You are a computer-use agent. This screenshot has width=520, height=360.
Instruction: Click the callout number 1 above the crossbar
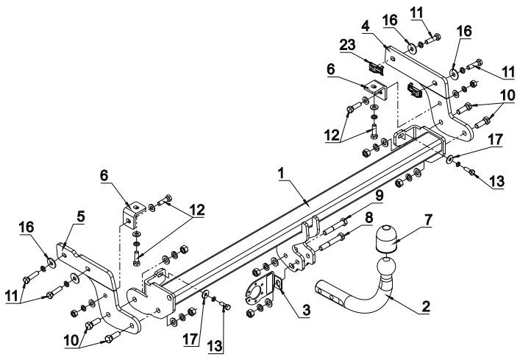pos(281,174)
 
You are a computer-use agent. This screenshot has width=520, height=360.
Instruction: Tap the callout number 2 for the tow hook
pos(425,306)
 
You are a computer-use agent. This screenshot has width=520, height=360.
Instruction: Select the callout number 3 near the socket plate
pos(306,310)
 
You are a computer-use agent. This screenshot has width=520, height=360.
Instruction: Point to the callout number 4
pos(366,27)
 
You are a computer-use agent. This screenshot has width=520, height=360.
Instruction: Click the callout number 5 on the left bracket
pos(81,216)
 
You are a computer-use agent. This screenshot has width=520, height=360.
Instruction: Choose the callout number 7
pos(428,221)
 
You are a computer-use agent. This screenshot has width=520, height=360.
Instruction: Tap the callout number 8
pos(368,218)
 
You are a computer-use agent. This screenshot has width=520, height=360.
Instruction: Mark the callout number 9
pos(379,195)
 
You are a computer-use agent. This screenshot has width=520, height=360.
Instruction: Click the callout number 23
pos(347,45)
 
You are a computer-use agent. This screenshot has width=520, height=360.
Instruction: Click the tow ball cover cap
pos(386,239)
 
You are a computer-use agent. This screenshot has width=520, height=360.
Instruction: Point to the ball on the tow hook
pos(387,269)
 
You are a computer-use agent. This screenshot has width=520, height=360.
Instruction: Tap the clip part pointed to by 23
pos(376,68)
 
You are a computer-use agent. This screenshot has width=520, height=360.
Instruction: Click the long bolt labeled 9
pos(335,225)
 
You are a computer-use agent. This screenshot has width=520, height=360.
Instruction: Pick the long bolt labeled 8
pos(332,242)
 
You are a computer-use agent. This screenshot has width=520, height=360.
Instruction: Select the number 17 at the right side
pos(495,140)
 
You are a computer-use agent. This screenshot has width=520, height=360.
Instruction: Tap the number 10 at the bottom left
pos(72,340)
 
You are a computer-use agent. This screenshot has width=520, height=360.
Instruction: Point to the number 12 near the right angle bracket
pos(332,135)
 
